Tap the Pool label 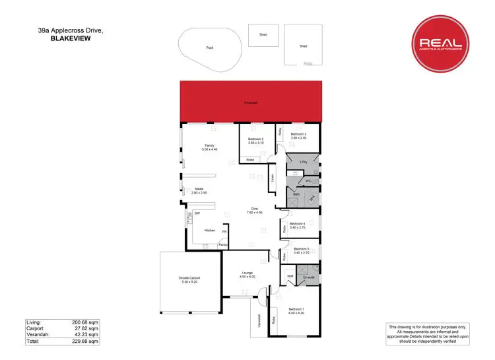(x=210, y=48)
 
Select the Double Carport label (x=189, y=278)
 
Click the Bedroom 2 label (x=257, y=140)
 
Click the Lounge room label (x=248, y=273)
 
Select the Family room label (x=209, y=147)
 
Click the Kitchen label (x=209, y=231)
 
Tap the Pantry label (x=223, y=245)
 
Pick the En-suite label (x=308, y=278)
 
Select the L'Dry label (x=304, y=162)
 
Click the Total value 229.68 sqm (x=86, y=341)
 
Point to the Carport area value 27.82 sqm (x=86, y=328)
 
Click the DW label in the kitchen (x=197, y=213)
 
